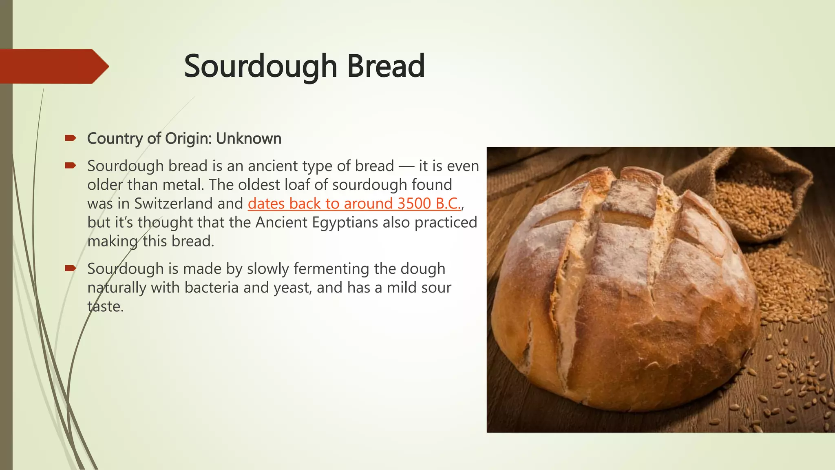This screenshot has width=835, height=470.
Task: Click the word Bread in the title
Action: tap(386, 66)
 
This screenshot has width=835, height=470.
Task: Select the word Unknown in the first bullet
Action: tap(249, 139)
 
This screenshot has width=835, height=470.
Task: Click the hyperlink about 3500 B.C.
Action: tap(354, 204)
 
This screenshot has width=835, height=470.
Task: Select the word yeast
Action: tap(292, 288)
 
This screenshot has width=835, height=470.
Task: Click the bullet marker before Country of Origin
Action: tap(70, 139)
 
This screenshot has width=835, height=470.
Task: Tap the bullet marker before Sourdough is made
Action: tap(70, 268)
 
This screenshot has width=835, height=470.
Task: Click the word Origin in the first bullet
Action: tap(188, 139)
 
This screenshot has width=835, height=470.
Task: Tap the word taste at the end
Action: tap(105, 306)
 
